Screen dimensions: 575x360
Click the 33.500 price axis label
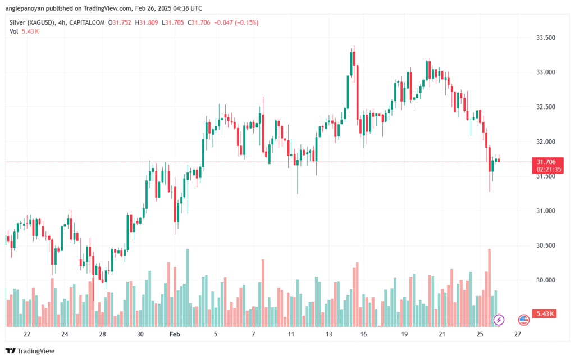coord(546,38)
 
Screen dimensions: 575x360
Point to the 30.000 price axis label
coord(546,280)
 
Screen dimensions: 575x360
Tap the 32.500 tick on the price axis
coord(546,107)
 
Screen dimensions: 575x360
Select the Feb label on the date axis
coord(175,334)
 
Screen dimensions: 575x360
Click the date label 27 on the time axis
coord(517,334)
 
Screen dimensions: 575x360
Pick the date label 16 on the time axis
coord(363,334)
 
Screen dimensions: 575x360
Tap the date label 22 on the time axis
coord(27,334)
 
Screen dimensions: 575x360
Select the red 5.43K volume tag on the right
coord(545,314)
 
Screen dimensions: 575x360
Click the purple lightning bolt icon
coord(499,320)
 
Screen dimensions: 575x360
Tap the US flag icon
coord(524,320)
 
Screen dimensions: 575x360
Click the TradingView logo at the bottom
coord(30,351)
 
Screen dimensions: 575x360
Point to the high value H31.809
coord(147,22)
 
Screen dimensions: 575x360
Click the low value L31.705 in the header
coord(173,22)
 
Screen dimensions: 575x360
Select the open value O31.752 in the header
coord(120,22)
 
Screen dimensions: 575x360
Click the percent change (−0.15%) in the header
coord(247,22)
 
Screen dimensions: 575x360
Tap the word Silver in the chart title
coord(17,22)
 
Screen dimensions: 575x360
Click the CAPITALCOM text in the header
coord(87,22)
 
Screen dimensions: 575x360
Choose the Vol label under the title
coord(14,31)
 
